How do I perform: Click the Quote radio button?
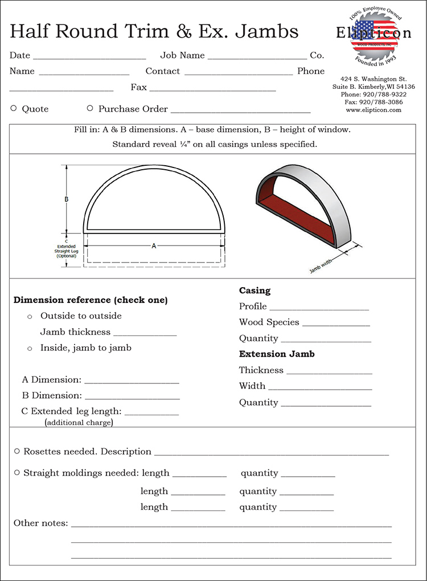pyautogui.click(x=14, y=108)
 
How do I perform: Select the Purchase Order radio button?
pyautogui.click(x=90, y=108)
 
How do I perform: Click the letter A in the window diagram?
pyautogui.click(x=154, y=246)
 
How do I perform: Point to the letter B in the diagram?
pyautogui.click(x=67, y=199)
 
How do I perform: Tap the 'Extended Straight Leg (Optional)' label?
pyautogui.click(x=66, y=248)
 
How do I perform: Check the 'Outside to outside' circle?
pyautogui.click(x=30, y=316)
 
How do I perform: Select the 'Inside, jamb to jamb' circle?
pyautogui.click(x=30, y=348)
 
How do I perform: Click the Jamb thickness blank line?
pyautogui.click(x=145, y=335)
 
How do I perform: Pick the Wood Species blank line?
pyautogui.click(x=336, y=325)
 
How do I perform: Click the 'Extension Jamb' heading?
pyautogui.click(x=277, y=354)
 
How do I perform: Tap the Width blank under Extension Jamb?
pyautogui.click(x=320, y=389)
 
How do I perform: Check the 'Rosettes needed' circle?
pyautogui.click(x=17, y=451)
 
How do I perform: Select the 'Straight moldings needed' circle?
pyautogui.click(x=17, y=473)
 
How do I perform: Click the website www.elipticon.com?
pyautogui.click(x=373, y=110)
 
